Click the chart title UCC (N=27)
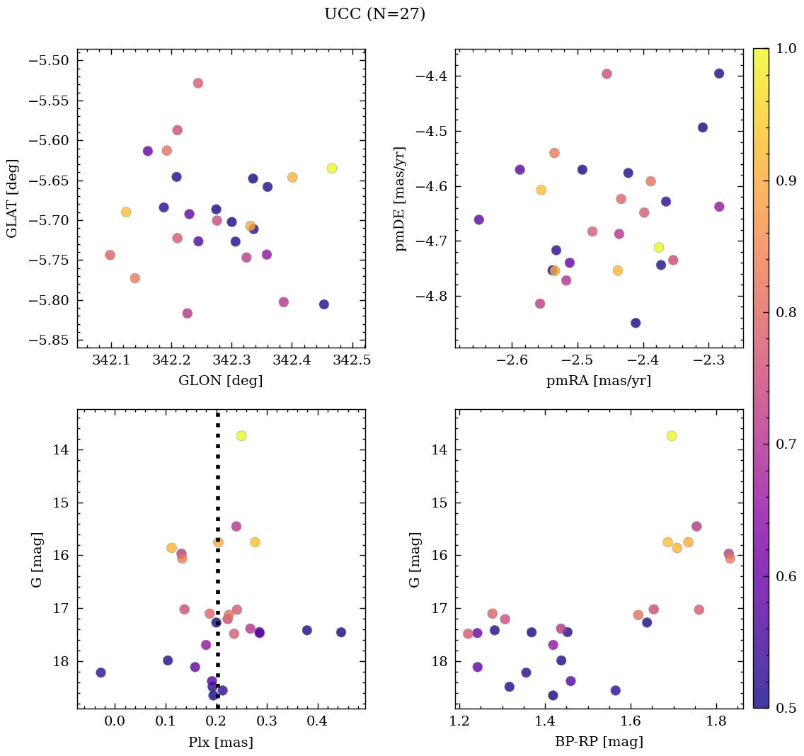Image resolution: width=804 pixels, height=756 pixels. click(x=374, y=14)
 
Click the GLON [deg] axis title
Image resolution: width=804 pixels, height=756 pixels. click(x=221, y=381)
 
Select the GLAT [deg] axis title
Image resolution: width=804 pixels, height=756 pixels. click(x=12, y=198)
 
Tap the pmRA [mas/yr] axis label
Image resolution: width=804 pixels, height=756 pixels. click(x=599, y=381)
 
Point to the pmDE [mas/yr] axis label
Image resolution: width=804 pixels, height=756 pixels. click(x=401, y=198)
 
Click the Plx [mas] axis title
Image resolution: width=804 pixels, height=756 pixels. click(x=221, y=742)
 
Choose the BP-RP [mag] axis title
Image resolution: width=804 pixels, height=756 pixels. click(x=599, y=742)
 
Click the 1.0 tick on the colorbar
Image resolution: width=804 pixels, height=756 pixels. click(x=785, y=49)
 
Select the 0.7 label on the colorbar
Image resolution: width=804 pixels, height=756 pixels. click(x=785, y=444)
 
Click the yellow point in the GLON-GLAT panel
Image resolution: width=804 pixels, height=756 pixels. click(x=332, y=168)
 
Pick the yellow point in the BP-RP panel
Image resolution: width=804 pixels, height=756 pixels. click(x=672, y=435)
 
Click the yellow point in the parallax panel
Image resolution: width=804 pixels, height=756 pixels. click(x=241, y=435)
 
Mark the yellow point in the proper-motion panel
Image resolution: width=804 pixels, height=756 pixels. click(x=659, y=247)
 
